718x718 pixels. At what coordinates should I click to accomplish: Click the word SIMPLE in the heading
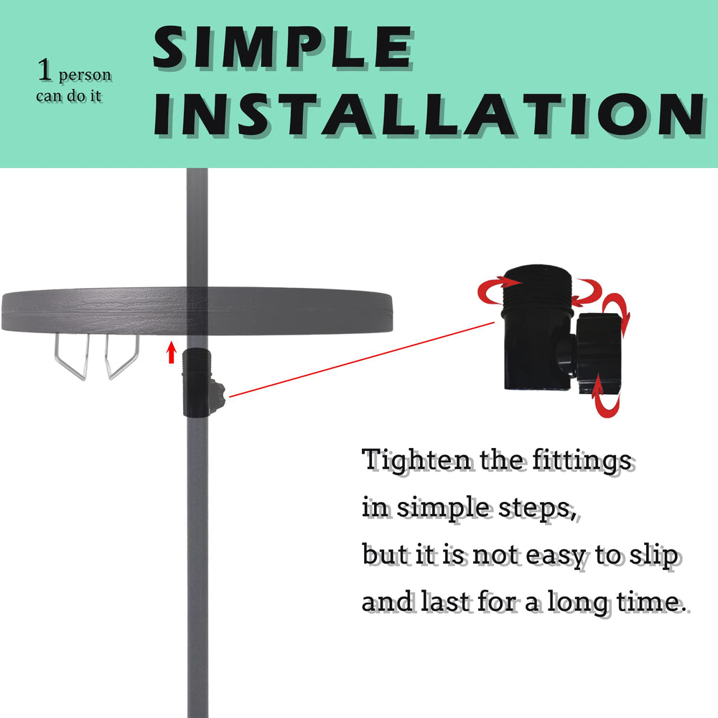[x=282, y=47]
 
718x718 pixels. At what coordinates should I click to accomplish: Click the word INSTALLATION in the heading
[x=429, y=114]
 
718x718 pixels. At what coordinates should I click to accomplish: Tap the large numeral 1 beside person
[x=45, y=70]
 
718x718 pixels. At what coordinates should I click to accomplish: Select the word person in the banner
[x=85, y=75]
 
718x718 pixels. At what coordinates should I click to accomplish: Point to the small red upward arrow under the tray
[x=172, y=352]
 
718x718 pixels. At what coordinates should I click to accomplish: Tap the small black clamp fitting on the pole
[x=202, y=383]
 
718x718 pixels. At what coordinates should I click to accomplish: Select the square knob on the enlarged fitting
[x=598, y=353]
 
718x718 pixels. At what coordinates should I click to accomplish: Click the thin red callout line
[x=362, y=360]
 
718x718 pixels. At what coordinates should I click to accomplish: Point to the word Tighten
[x=416, y=461]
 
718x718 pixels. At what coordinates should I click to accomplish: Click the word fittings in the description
[x=582, y=461]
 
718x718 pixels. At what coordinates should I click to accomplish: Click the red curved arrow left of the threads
[x=495, y=290]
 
